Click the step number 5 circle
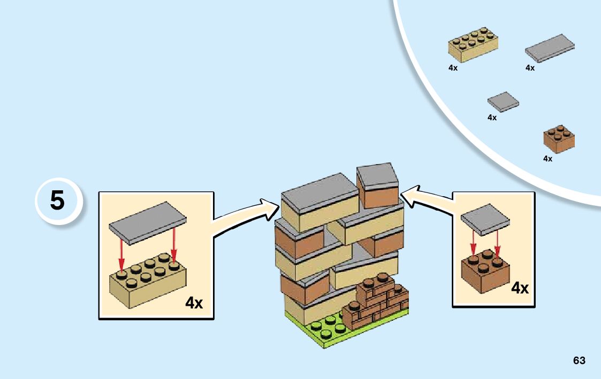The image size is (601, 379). [x=58, y=201]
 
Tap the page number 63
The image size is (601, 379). [x=579, y=360]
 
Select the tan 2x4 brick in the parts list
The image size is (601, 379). [x=473, y=43]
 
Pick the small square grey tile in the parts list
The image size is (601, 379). [x=503, y=102]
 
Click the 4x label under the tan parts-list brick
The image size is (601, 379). [x=453, y=68]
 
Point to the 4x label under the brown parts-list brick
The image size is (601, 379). [x=547, y=159]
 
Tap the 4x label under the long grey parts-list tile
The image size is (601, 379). [x=530, y=68]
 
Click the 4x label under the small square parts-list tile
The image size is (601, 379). [x=492, y=118]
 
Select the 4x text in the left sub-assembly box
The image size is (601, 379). [x=194, y=303]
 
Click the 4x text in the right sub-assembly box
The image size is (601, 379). [x=519, y=289]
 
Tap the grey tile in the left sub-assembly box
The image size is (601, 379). [x=148, y=223]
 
